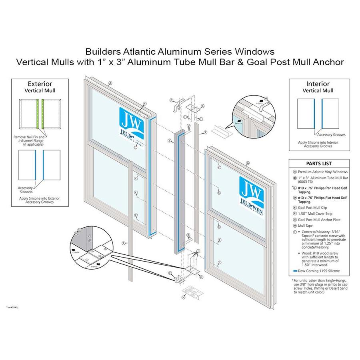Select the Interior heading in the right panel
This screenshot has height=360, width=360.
click(x=318, y=84)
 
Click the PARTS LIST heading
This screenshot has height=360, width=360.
click(x=319, y=164)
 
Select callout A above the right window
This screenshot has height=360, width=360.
click(x=248, y=163)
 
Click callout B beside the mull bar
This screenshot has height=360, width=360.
click(x=170, y=140)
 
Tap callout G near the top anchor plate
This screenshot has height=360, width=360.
click(x=202, y=106)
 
